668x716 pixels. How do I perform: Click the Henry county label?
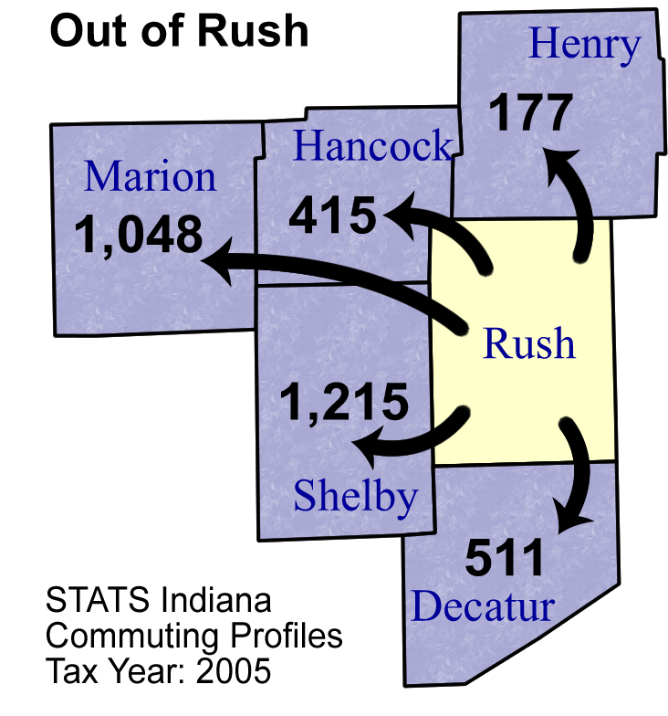584,46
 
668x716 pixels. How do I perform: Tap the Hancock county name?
372,145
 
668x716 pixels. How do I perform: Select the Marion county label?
150,176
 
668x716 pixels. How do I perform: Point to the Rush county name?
529,343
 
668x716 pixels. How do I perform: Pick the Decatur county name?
483,605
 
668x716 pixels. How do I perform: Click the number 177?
530,111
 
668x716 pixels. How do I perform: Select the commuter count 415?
332,215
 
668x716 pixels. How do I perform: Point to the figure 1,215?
345,402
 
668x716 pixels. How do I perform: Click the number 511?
504,557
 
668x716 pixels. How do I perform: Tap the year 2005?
234,670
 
